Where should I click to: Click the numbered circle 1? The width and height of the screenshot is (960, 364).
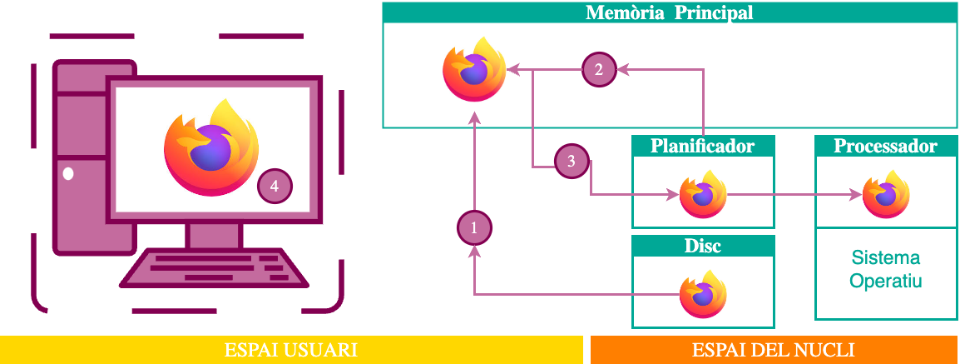(x=474, y=227)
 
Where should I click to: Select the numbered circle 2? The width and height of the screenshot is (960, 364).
(x=599, y=70)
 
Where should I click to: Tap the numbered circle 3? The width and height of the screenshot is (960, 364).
(x=572, y=162)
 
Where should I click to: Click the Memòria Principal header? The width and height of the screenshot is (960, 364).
(x=670, y=13)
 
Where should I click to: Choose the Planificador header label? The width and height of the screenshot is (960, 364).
(x=703, y=147)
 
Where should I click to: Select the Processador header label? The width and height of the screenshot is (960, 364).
(x=885, y=147)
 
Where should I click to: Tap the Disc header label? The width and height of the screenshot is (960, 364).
(x=703, y=247)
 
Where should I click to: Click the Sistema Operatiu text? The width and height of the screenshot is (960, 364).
(x=885, y=268)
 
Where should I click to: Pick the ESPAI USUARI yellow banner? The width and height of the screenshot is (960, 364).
(x=291, y=350)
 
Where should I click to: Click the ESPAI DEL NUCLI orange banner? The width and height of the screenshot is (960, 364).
(x=774, y=350)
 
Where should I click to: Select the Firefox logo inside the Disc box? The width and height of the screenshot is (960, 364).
(x=703, y=293)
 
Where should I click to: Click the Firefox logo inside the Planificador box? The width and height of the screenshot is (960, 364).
(x=703, y=194)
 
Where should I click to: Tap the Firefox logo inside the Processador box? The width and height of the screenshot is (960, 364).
(x=885, y=194)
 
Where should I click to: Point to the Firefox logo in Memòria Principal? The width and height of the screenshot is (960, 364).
(x=474, y=70)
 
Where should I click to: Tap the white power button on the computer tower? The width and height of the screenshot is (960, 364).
(x=68, y=174)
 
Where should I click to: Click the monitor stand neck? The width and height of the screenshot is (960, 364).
(x=213, y=236)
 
